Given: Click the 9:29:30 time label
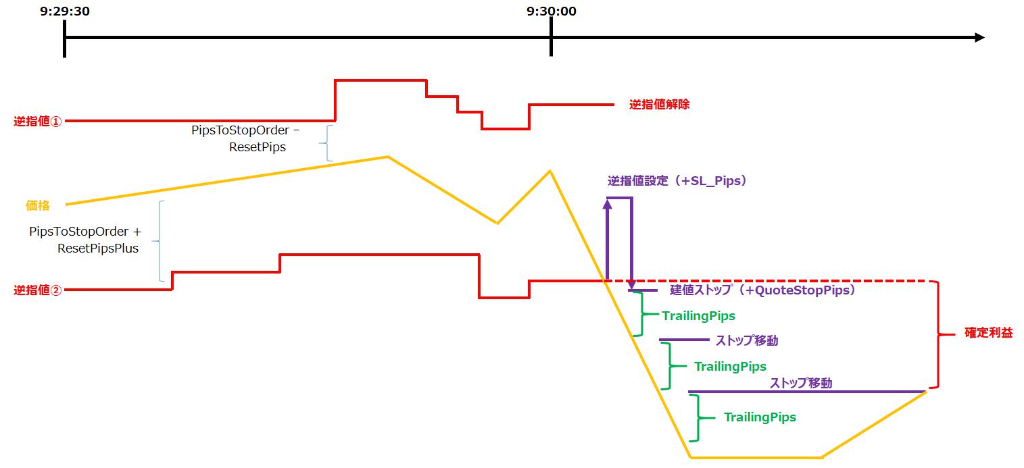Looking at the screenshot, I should pos(65,11).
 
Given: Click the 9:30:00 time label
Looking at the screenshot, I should pos(552,11).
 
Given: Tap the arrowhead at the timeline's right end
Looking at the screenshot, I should pos(979,38).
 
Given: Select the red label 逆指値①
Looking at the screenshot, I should pos(38,122).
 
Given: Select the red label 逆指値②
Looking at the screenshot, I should pos(38,290).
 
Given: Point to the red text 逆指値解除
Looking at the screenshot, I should pos(659,105).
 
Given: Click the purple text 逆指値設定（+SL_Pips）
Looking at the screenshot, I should pos(677,181).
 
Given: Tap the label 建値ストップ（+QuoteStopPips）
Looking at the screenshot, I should pos(763,290).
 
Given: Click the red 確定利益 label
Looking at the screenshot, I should pos(988,333).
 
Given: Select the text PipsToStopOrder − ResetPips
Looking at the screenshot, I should pos(245,138).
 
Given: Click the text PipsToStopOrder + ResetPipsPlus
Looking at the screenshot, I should pos(84,240).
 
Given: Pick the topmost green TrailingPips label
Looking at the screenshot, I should pos(698,315).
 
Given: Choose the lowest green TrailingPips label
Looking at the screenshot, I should pos(759,417).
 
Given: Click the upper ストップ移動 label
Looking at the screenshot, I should pos(746,340).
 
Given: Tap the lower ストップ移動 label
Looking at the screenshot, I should pos(800,383).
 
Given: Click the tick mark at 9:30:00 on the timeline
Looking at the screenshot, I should pos(551,37).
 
